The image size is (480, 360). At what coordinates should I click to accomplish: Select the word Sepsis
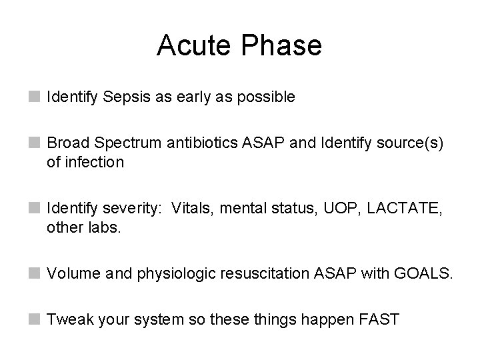(127, 97)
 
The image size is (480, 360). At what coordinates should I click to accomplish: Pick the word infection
(94, 162)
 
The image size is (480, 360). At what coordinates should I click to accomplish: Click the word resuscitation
(244, 273)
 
